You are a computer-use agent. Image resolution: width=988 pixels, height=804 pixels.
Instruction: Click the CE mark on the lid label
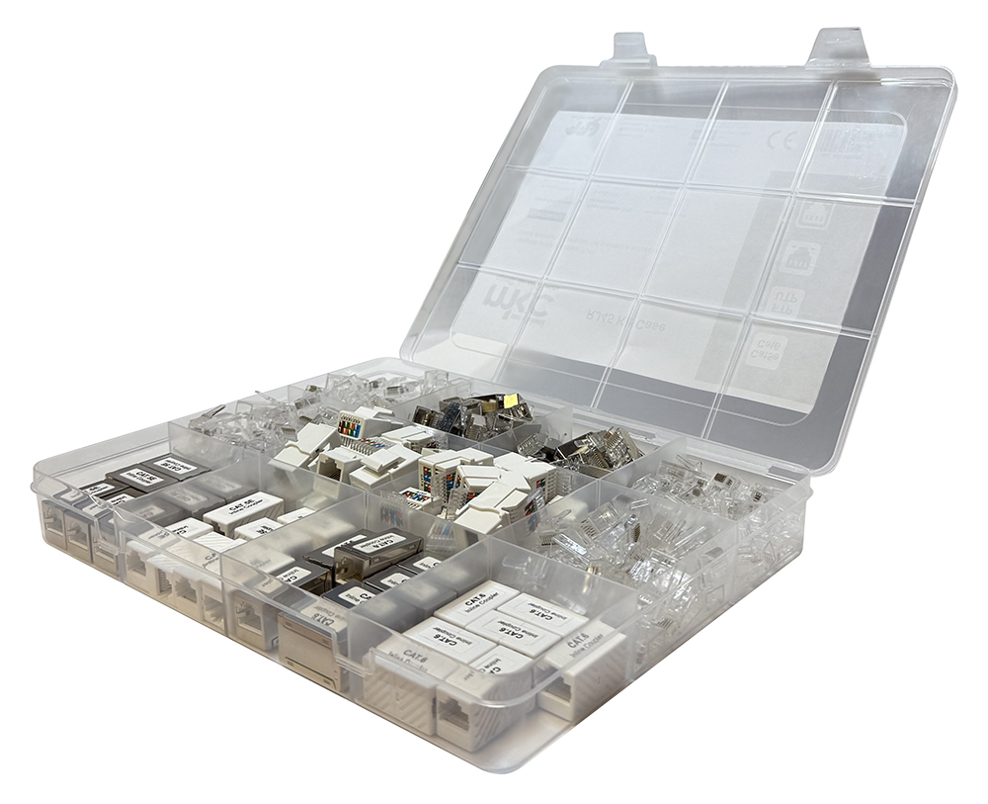[x=781, y=139]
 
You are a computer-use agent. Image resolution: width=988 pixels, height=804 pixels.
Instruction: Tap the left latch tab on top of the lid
[x=629, y=49]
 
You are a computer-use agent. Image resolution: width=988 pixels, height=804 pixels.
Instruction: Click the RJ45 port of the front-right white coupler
[x=565, y=696]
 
